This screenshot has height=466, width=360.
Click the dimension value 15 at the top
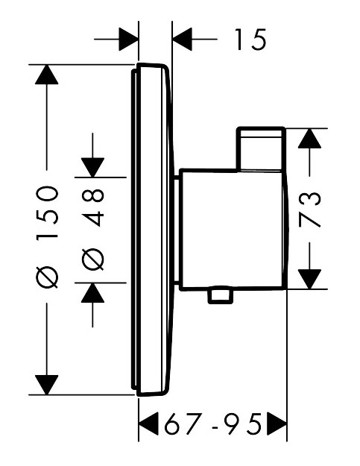tap(251, 39)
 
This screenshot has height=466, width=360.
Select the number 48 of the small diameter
tap(92, 208)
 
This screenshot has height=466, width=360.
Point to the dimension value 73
tap(310, 210)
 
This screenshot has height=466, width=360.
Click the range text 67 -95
tap(213, 424)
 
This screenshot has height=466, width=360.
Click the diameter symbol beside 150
tap(47, 277)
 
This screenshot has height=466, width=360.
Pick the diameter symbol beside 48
tap(92, 259)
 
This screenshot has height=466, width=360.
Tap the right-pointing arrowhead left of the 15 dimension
tap(128, 39)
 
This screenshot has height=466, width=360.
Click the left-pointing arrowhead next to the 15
tap(182, 39)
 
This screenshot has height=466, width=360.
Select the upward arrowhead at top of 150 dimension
tap(47, 75)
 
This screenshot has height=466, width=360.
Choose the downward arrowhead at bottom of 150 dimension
tap(47, 385)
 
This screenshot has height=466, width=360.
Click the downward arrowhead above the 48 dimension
tap(92, 168)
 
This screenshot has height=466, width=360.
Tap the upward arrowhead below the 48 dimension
tap(92, 293)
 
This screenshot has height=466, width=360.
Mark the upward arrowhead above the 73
tap(309, 139)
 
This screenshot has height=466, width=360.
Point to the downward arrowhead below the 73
tap(309, 279)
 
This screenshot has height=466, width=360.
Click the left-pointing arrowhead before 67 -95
tap(148, 424)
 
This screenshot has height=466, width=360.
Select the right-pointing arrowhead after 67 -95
tap(277, 424)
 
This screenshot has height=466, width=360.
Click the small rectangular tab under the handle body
tap(220, 295)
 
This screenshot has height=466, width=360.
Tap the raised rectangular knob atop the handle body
tap(261, 149)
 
